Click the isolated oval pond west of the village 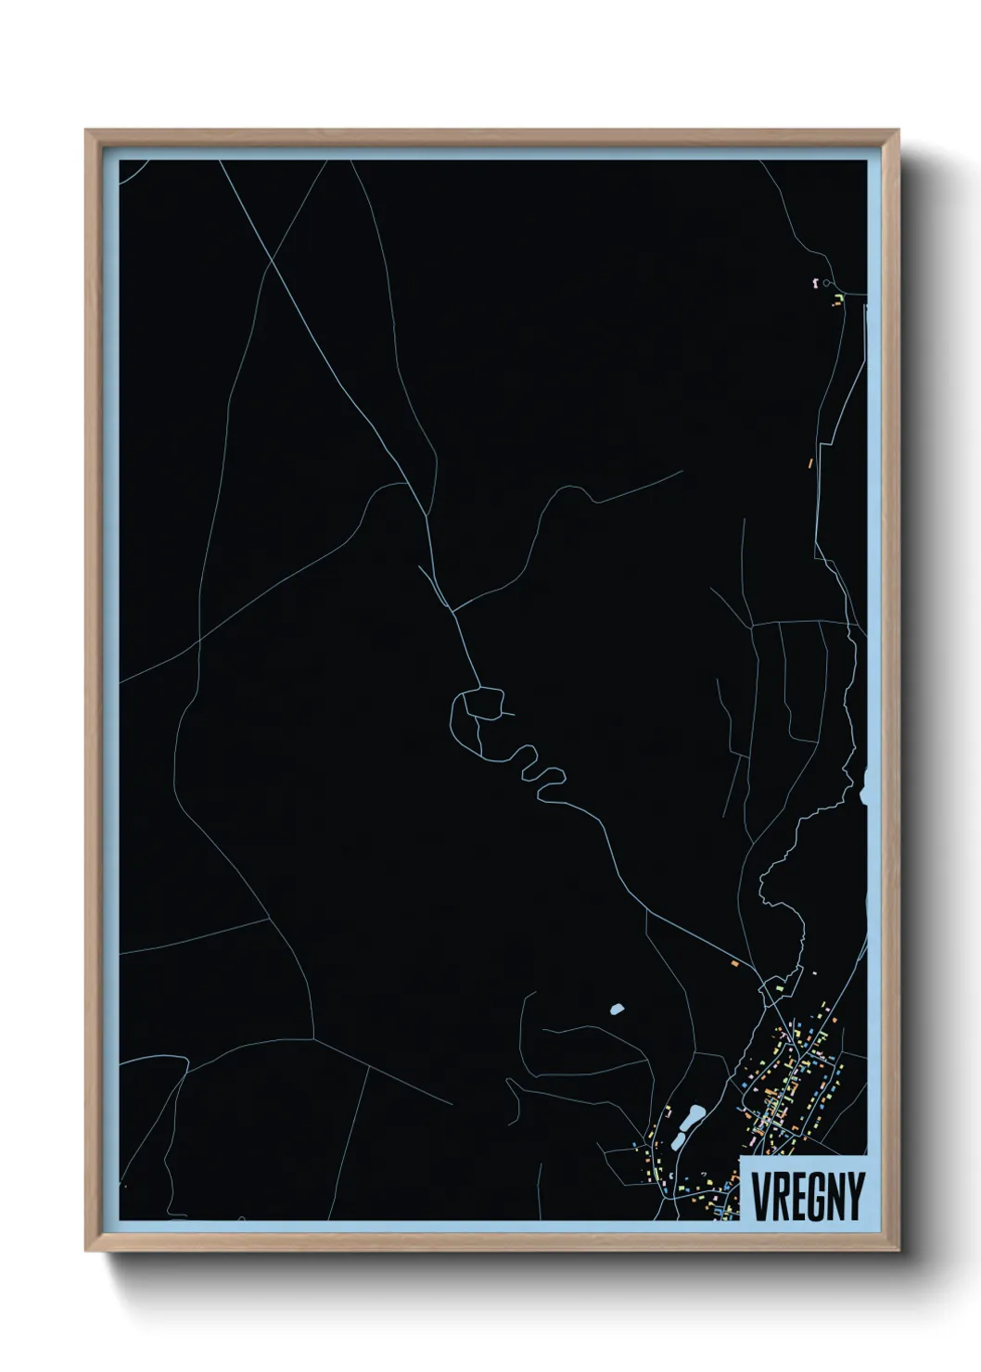[x=616, y=1009]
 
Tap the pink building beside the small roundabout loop [x=814, y=281]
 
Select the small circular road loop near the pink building [x=827, y=282]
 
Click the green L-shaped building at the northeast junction [x=838, y=298]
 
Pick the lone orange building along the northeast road [x=810, y=461]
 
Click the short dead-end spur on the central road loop [x=505, y=714]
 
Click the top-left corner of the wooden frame [x=86, y=131]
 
